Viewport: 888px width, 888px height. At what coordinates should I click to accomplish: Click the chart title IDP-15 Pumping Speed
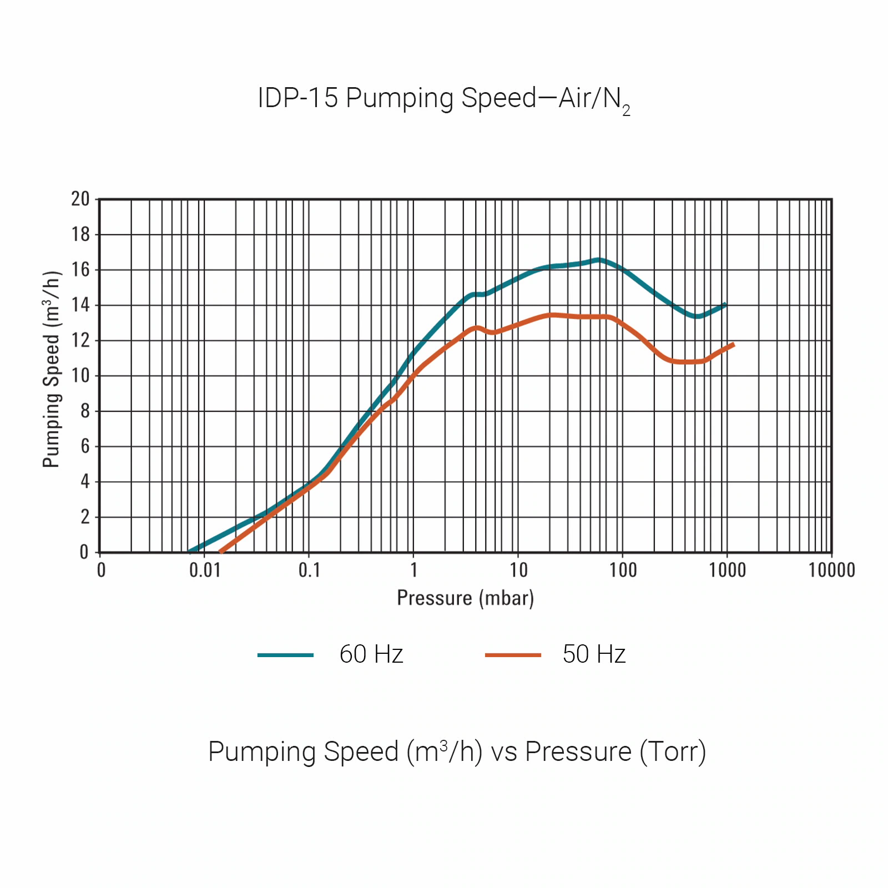pos(443,99)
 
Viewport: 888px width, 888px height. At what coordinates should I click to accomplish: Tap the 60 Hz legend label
pos(371,654)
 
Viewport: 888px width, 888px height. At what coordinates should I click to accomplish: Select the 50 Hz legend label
pos(594,654)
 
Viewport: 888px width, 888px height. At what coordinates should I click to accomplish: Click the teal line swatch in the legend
pos(285,655)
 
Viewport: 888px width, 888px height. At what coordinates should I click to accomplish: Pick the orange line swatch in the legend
pos(513,655)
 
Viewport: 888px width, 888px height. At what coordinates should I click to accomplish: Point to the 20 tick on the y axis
pos(80,199)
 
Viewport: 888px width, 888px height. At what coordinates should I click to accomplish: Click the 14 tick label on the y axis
pos(80,305)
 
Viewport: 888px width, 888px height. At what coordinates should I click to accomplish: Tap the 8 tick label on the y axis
pos(84,411)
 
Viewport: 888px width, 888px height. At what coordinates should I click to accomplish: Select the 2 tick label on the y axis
pos(84,517)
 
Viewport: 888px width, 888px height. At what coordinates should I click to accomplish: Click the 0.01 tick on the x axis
pos(205,570)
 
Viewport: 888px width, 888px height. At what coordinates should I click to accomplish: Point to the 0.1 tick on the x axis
pos(309,570)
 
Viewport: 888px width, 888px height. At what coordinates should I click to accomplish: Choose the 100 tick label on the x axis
pos(623,570)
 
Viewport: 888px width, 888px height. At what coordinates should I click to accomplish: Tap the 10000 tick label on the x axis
pos(831,570)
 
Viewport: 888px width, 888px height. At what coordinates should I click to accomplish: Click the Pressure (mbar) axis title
pos(465,598)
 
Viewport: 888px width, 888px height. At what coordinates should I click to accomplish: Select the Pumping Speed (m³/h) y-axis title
pos(51,369)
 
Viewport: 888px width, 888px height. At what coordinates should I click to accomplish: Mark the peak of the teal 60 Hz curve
pos(599,259)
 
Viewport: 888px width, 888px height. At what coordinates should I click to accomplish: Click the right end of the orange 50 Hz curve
pos(734,345)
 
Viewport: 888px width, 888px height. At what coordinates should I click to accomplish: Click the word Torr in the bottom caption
pos(672,752)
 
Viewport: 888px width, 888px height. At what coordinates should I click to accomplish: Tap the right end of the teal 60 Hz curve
pos(725,304)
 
